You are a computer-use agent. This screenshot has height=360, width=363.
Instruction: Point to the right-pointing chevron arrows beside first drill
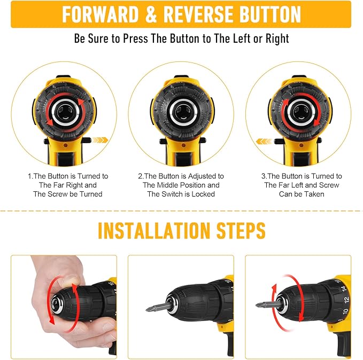[x=99, y=140]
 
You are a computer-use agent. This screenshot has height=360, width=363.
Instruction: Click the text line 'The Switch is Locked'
[x=181, y=194]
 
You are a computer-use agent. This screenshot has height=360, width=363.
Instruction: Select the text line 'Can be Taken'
[x=302, y=194]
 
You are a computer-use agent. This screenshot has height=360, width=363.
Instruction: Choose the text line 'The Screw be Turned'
[x=68, y=194]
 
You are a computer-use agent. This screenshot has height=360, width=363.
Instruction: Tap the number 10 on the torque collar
[x=345, y=311]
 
